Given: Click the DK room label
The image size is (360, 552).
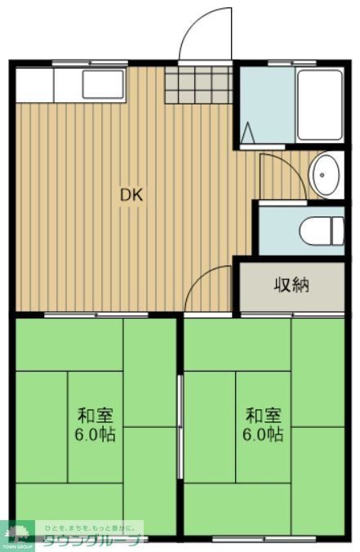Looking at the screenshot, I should coord(131,195).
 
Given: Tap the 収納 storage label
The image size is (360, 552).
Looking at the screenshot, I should coord(291,285).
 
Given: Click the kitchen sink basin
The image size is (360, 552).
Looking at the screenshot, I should coord(103,85).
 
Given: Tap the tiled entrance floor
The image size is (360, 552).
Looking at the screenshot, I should coord(199,84).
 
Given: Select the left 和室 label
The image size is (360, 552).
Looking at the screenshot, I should coord(96,414).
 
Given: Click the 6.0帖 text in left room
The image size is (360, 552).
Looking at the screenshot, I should coord(96,434).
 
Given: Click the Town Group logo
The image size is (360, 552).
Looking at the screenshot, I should coord(17,536).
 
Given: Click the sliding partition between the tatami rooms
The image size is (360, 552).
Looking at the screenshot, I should coord(180,425).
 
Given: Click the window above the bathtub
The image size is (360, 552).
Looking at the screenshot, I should coord(292,62).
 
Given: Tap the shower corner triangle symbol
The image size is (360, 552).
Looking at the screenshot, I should coord(247,131).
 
